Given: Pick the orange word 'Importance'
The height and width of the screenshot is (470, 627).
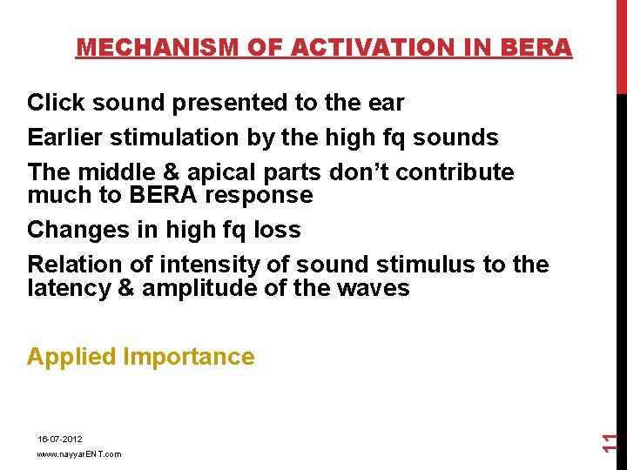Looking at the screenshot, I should (189, 357).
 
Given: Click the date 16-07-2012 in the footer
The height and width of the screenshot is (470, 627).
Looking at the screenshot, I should (59, 440).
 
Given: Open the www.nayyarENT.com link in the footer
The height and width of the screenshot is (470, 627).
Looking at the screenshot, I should (79, 454).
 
